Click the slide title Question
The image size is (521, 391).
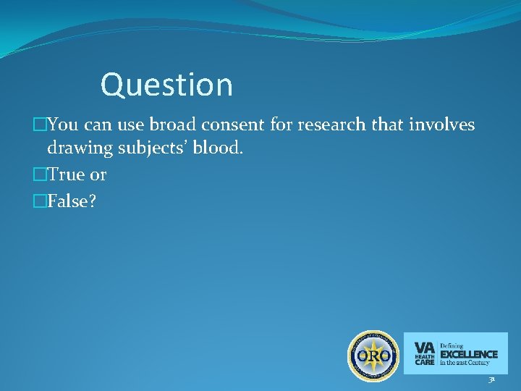[x=166, y=85]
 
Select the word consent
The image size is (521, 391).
[x=230, y=125]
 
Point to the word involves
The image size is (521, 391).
[x=441, y=125]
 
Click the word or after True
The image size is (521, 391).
[x=98, y=175]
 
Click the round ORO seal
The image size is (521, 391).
[x=373, y=355]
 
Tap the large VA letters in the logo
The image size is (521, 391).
[x=424, y=346]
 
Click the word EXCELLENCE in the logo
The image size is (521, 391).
[x=469, y=354]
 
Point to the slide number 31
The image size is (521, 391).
[x=491, y=380]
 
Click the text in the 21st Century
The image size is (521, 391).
[x=465, y=363]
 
